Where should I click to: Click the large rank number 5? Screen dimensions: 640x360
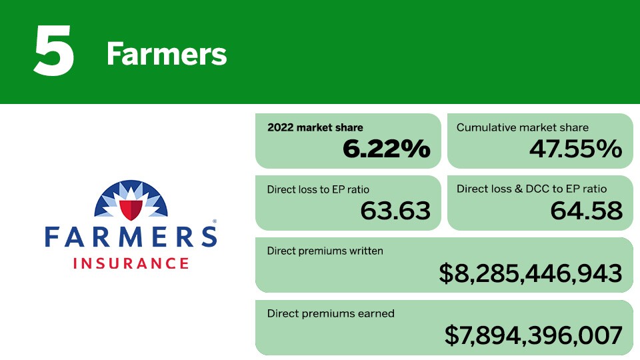click(x=54, y=50)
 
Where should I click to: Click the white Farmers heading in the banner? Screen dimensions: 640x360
click(x=167, y=54)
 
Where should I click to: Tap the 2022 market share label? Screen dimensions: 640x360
click(x=315, y=127)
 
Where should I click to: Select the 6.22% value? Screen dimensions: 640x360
click(x=386, y=148)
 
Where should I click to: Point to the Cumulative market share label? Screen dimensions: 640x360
click(x=523, y=127)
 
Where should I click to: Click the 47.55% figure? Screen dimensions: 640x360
click(x=575, y=148)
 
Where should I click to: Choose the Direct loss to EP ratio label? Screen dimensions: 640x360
click(x=318, y=189)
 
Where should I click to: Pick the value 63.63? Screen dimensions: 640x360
click(x=395, y=211)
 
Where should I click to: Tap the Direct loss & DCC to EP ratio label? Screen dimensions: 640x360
click(x=531, y=189)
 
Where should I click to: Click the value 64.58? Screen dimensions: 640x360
click(x=586, y=211)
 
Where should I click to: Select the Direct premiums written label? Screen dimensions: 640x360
click(x=325, y=251)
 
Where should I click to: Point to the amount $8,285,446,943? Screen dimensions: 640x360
click(x=531, y=273)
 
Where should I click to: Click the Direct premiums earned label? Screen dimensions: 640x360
click(x=331, y=313)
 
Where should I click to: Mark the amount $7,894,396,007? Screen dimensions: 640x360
click(x=533, y=335)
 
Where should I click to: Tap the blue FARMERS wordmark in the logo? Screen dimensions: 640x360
click(x=131, y=237)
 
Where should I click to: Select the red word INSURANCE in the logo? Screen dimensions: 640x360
click(x=131, y=263)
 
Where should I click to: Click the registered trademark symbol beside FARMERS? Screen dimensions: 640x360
click(x=214, y=221)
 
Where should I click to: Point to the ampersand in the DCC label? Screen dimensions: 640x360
click(x=519, y=189)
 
